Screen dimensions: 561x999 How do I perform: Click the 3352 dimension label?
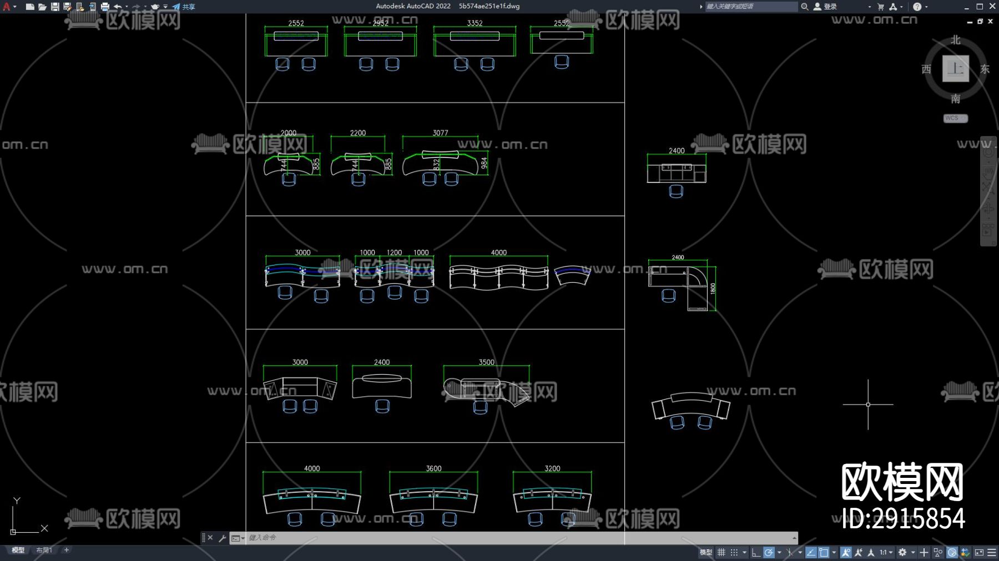[475, 23]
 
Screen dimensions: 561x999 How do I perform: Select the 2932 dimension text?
[380, 23]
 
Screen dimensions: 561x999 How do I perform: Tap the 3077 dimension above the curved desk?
[440, 133]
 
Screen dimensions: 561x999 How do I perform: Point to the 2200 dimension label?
[358, 133]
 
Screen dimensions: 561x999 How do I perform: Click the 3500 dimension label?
[486, 363]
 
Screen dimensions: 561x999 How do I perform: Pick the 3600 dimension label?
[433, 468]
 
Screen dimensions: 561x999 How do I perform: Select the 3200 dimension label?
[552, 468]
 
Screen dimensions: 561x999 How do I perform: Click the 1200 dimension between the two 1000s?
[394, 253]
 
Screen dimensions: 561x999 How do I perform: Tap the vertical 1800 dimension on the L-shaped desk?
[713, 288]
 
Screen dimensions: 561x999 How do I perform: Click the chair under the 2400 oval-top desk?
[382, 406]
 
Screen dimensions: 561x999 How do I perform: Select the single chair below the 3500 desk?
[481, 407]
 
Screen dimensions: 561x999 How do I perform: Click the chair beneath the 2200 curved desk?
[358, 180]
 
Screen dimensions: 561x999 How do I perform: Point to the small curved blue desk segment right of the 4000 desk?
[572, 275]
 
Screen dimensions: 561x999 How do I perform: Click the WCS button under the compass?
[955, 118]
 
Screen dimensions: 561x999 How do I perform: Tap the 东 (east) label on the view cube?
[985, 69]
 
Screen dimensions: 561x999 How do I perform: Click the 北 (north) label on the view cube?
[955, 40]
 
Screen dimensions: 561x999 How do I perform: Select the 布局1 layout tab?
[44, 550]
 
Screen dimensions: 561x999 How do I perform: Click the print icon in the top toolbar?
[105, 7]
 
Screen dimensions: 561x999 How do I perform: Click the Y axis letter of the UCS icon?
[17, 501]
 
